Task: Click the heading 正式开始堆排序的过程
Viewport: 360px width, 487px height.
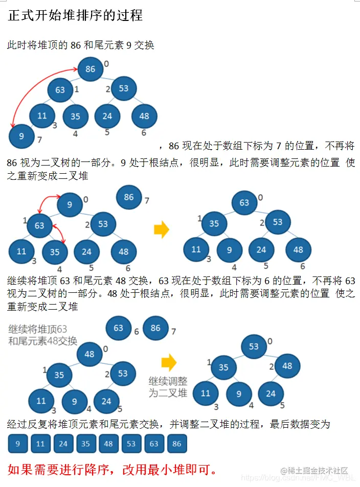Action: pos(75,15)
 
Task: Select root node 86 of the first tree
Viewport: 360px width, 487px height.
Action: pos(91,68)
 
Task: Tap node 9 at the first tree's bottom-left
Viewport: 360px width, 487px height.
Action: pos(21,136)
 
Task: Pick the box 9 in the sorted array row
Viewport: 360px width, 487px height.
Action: pos(18,444)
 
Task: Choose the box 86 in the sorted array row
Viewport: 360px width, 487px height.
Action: pos(176,444)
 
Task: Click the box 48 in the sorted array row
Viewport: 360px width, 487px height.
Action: pos(108,444)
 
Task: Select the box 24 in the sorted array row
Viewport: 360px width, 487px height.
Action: pos(63,444)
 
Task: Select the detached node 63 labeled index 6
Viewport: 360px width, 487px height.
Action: pos(119,328)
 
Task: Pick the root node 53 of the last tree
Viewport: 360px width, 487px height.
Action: pos(254,346)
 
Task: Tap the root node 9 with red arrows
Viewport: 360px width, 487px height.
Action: pos(70,205)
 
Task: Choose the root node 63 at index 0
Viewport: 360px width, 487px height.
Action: pos(244,203)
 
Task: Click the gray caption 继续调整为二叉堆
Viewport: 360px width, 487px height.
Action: pos(168,387)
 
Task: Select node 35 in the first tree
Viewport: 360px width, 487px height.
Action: pos(75,116)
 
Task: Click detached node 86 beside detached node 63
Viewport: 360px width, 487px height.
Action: pos(155,328)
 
